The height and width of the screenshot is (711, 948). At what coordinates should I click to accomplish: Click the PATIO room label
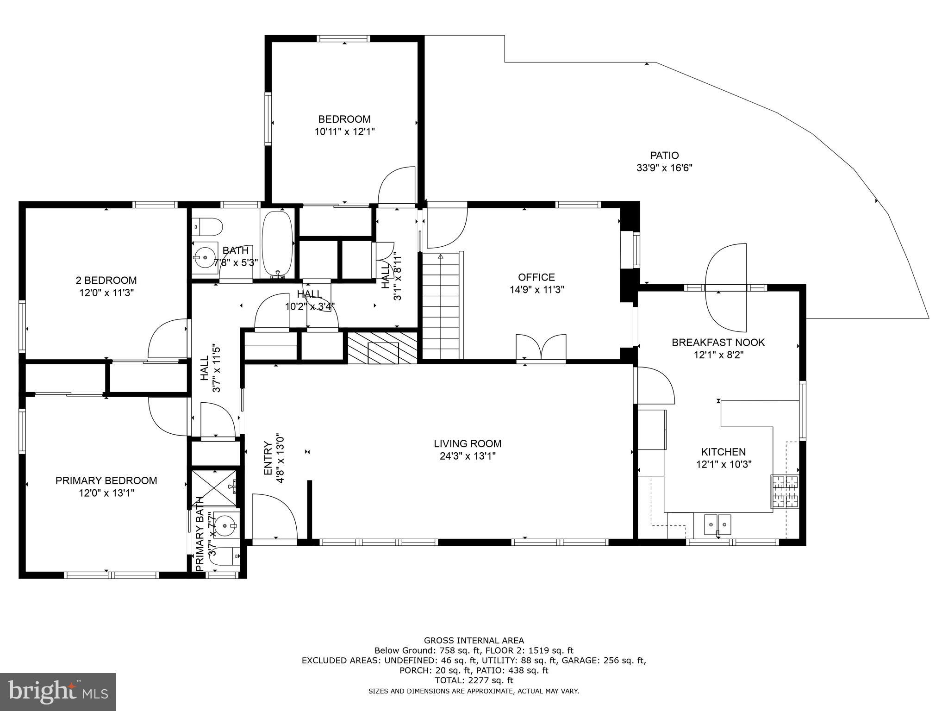[664, 156]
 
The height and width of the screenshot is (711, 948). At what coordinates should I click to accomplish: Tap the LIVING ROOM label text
[468, 443]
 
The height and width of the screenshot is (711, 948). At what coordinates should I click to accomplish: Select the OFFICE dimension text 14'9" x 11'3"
[536, 290]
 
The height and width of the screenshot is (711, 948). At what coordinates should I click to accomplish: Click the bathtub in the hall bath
[277, 244]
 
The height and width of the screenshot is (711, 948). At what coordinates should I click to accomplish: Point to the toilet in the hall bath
[207, 227]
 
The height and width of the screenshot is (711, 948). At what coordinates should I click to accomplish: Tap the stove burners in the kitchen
[784, 491]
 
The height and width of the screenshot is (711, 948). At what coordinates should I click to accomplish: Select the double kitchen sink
[717, 525]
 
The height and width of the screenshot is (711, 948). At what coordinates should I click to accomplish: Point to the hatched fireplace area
[382, 347]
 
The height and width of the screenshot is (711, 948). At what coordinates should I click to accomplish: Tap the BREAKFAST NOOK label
[718, 343]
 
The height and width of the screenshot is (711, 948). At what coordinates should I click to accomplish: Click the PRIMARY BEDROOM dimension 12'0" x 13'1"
[106, 493]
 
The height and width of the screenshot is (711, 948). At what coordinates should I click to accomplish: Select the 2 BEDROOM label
[106, 280]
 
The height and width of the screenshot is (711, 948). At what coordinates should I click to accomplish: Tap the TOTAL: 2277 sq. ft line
[474, 680]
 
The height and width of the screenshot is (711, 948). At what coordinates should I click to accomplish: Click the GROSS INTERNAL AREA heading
[474, 641]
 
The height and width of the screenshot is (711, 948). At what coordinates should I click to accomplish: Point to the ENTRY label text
[268, 458]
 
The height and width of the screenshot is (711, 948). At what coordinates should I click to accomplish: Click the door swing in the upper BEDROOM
[397, 185]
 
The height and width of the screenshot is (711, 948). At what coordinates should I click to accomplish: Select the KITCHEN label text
[723, 452]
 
